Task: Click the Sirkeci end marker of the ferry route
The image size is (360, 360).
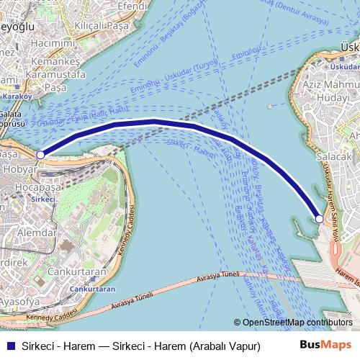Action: coord(40,155)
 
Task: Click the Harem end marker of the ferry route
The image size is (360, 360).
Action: coord(319,218)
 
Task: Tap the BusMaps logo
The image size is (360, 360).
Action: coord(325,346)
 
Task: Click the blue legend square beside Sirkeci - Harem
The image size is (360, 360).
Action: coord(9,346)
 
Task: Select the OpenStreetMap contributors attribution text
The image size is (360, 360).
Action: coord(297,323)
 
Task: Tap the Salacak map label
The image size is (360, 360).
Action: coord(334,156)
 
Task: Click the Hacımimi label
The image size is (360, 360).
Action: coord(54,44)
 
